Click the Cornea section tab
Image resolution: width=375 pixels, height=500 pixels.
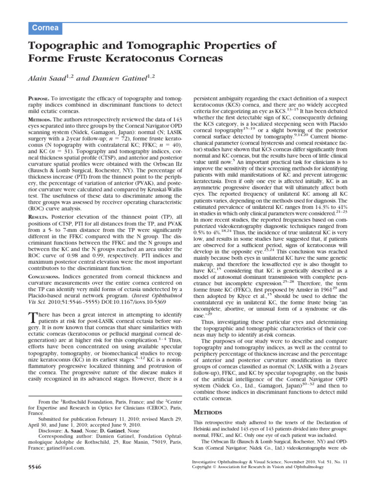(x=45, y=28)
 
